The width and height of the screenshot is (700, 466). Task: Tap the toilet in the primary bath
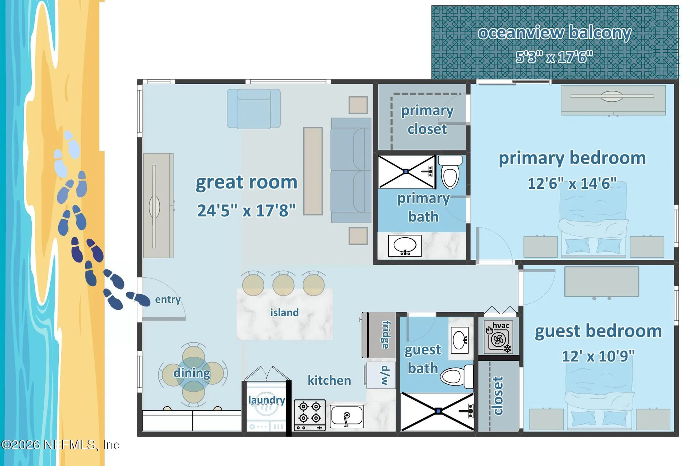coord(450,172)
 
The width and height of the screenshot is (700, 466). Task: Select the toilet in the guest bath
coord(457,376)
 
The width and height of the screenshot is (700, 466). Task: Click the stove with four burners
coord(310,415)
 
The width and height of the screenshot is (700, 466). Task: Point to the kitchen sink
coord(347,416)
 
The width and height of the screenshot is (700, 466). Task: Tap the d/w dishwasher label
coord(385,376)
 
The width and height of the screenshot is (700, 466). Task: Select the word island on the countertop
coord(284,313)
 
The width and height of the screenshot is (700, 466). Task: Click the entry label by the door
coord(168,299)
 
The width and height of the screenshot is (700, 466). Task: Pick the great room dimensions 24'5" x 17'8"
coord(246,210)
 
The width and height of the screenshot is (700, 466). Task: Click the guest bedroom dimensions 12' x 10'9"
coord(598,356)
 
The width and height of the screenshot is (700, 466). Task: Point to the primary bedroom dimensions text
coord(572,183)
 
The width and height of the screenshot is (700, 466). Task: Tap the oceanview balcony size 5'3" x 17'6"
coord(554,57)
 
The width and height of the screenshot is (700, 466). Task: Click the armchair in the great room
coord(254,109)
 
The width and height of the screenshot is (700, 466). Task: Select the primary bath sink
coord(405,246)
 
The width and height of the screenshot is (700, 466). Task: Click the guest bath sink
coord(459,340)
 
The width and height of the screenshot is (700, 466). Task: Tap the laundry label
coord(267,400)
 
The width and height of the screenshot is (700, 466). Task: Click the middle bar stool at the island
coord(283,284)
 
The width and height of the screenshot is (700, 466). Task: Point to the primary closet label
coord(427,120)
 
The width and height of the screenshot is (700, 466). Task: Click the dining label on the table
coord(192,373)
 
